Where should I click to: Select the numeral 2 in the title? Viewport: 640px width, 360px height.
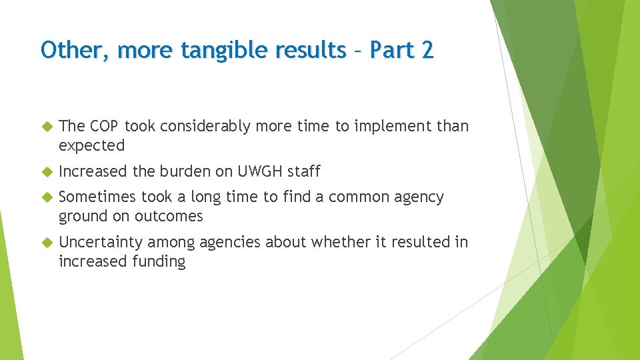point(426,50)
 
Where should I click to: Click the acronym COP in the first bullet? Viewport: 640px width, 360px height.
point(104,126)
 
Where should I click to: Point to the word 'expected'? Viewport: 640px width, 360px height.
point(92,145)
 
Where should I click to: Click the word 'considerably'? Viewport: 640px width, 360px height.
point(193,126)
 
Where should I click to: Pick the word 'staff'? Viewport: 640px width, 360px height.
point(305,171)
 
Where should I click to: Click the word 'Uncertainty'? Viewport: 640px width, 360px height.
point(101,242)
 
